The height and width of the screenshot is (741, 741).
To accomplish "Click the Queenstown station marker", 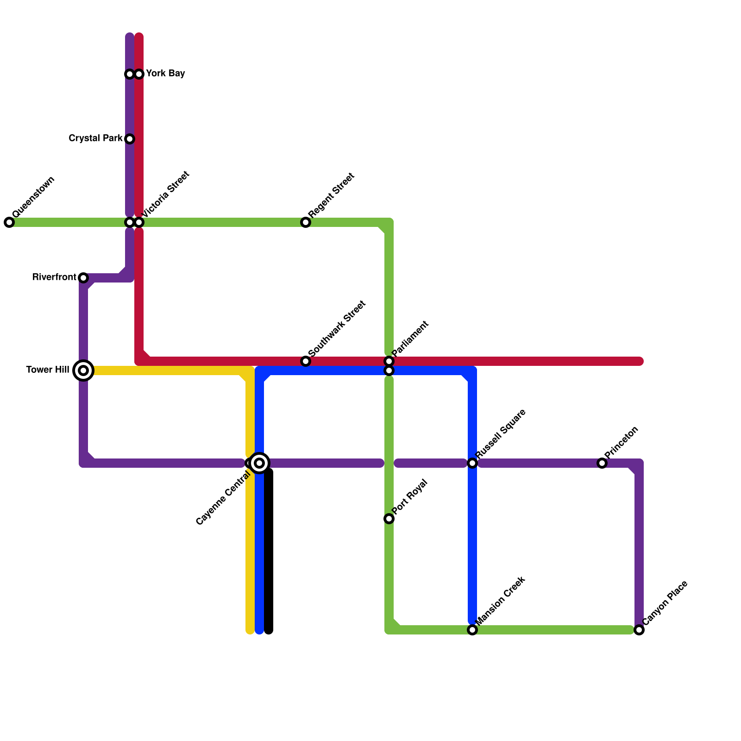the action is [9, 222].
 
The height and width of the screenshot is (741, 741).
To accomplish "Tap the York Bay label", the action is [165, 74].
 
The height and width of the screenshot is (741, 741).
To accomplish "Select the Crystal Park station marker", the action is [130, 139].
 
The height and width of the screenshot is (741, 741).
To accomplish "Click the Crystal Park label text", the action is [95, 138].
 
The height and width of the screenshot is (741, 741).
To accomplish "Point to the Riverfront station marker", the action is [83, 278].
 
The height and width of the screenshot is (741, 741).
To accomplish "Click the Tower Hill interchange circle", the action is [83, 370].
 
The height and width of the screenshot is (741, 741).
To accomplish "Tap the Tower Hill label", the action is [48, 370].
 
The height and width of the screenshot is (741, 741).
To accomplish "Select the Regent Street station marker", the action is [306, 222].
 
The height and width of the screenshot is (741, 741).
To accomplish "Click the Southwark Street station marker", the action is [306, 361].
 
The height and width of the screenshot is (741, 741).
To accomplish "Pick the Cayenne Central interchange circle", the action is [259, 463].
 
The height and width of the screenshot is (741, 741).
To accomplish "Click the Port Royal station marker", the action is [389, 519].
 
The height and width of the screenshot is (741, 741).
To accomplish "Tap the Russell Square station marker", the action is [472, 463].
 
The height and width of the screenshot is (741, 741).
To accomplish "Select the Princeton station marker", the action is [602, 463].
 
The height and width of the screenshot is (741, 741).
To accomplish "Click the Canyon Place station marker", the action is [639, 630].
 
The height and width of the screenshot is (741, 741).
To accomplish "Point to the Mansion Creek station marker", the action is [472, 630].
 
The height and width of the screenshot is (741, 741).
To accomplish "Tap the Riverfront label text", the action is [54, 277].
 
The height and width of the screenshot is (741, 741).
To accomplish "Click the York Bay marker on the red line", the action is [139, 74].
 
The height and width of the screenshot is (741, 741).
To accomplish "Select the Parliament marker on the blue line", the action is [389, 370].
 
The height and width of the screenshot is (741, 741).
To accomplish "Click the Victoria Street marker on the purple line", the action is [130, 222].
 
